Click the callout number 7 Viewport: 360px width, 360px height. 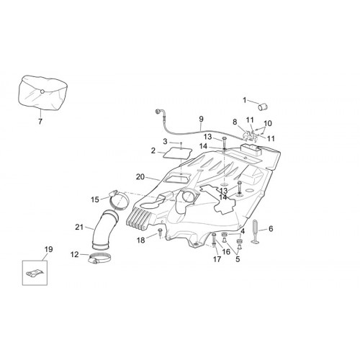(40, 122)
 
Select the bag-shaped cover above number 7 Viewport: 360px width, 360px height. (42, 93)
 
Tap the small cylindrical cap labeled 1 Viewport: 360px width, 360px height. (263, 107)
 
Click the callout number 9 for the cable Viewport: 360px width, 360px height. (201, 119)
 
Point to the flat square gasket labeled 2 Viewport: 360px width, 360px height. (177, 153)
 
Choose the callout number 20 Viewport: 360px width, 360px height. (140, 177)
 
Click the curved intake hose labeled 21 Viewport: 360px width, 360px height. (104, 229)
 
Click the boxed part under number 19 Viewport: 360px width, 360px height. (35, 274)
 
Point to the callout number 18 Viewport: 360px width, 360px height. (141, 240)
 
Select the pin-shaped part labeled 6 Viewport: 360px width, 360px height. (255, 232)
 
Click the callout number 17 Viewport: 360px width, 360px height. (217, 259)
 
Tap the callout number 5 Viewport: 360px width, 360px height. (238, 259)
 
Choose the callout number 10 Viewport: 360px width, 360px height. (268, 123)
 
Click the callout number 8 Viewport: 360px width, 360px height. (235, 122)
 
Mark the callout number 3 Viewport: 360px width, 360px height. (165, 141)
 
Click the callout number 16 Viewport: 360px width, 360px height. (226, 251)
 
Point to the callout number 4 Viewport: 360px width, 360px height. (243, 231)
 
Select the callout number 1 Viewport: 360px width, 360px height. (245, 100)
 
